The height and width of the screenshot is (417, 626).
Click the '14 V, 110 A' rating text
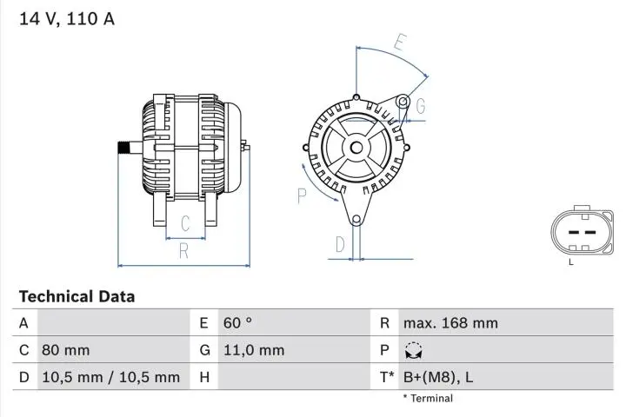pyautogui.click(x=67, y=18)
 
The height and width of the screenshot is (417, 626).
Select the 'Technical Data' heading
pyautogui.click(x=77, y=296)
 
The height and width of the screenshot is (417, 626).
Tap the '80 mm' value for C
pyautogui.click(x=65, y=350)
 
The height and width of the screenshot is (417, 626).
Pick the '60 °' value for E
pyautogui.click(x=237, y=323)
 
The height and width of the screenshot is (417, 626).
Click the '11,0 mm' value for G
pyautogui.click(x=253, y=350)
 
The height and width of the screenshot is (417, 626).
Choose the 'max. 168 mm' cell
pyautogui.click(x=450, y=323)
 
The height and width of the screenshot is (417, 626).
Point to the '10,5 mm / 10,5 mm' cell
pyautogui.click(x=110, y=377)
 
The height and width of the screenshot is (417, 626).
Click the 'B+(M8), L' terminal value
pyautogui.click(x=437, y=377)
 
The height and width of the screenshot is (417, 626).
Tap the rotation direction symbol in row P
pyautogui.click(x=413, y=350)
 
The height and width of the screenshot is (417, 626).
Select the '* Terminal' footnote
pyautogui.click(x=427, y=399)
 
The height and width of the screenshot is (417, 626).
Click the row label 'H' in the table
pyautogui.click(x=203, y=377)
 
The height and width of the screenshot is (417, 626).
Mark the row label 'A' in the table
pyautogui.click(x=23, y=323)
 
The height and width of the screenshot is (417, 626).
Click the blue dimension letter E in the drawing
pyautogui.click(x=399, y=42)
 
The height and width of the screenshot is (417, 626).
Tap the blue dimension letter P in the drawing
pyautogui.click(x=302, y=195)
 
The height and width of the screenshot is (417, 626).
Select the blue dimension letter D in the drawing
pyautogui.click(x=340, y=245)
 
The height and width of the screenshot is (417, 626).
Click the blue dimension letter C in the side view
pyautogui.click(x=185, y=224)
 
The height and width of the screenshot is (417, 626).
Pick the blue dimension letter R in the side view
pyautogui.click(x=184, y=252)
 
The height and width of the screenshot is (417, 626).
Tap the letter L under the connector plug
pyautogui.click(x=571, y=261)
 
